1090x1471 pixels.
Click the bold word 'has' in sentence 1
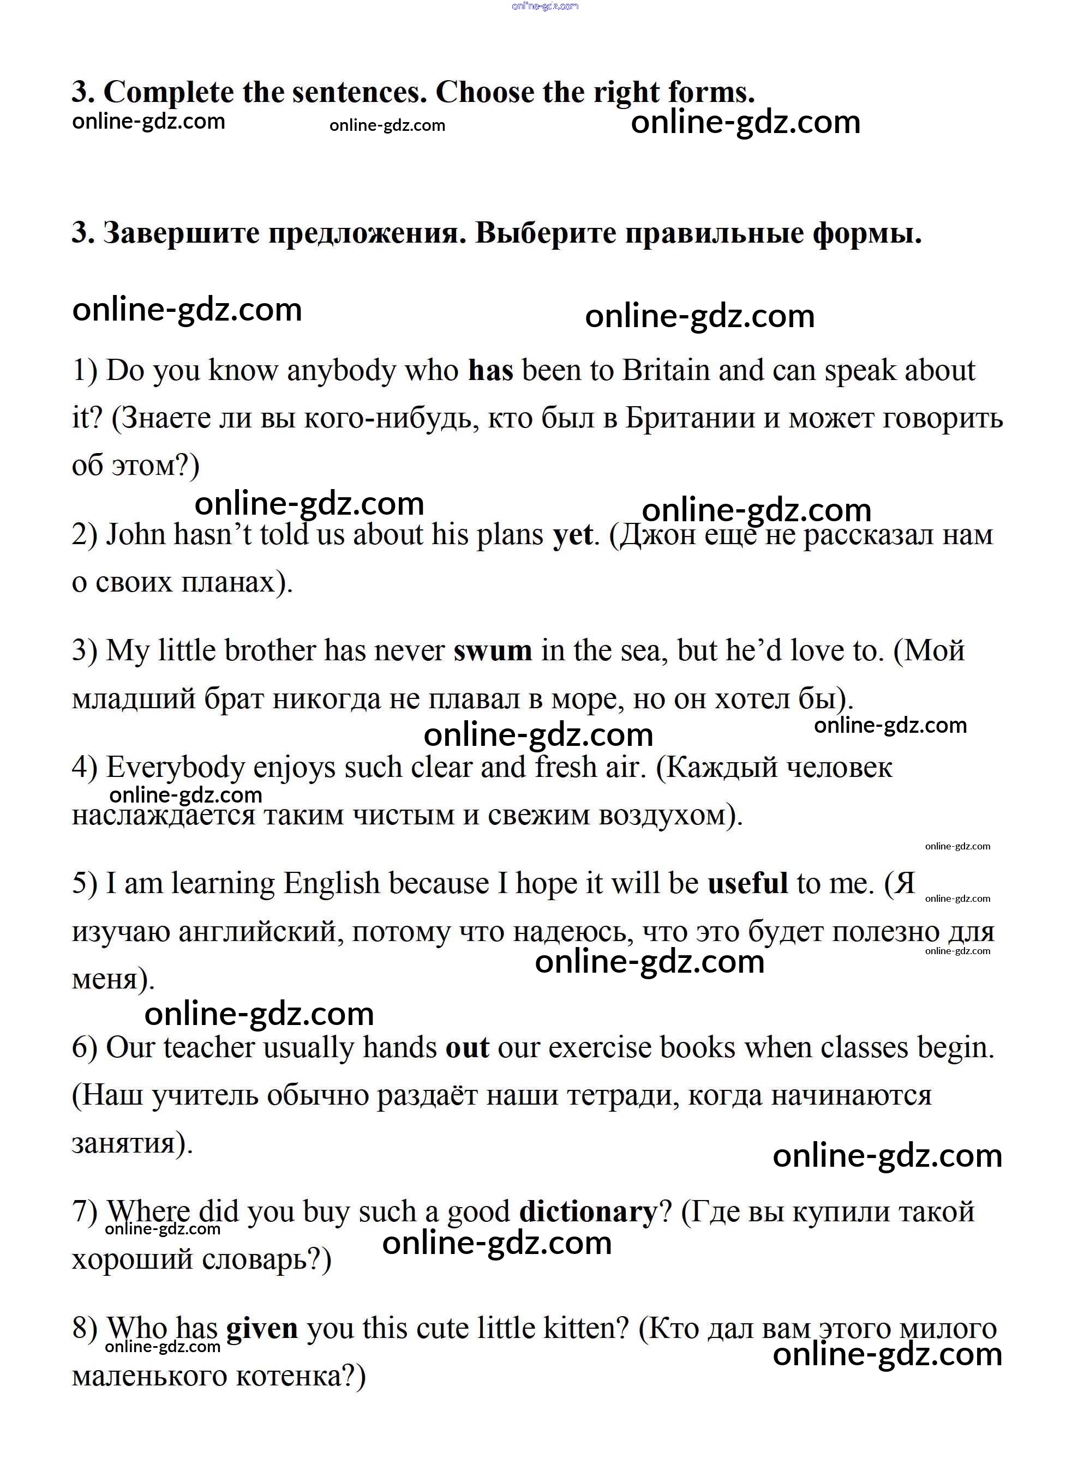[490, 371]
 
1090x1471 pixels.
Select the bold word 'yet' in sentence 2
[573, 535]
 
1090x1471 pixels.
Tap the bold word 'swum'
[492, 651]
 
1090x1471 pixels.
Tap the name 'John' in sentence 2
[135, 535]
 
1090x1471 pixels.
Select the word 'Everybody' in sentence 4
[176, 768]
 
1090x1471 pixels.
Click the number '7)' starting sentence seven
[85, 1212]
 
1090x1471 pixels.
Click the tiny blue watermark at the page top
[544, 6]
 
